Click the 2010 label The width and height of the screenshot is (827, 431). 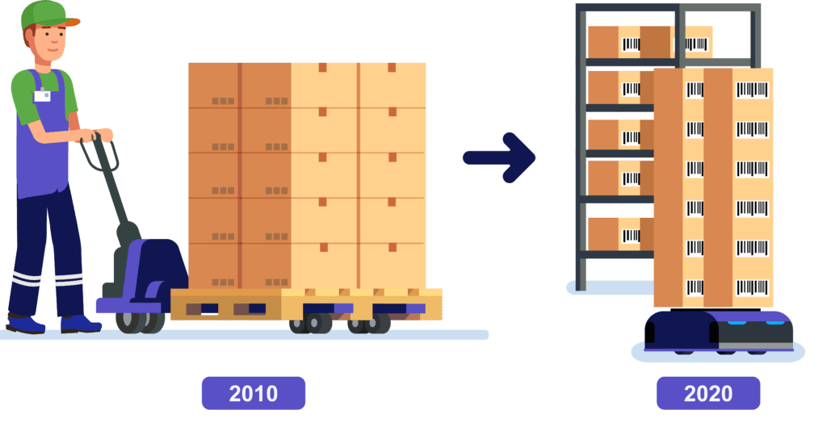pos(253,393)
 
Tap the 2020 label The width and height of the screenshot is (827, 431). pos(707,393)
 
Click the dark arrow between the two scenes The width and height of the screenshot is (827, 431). pos(499,157)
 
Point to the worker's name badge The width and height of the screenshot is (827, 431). pos(42,95)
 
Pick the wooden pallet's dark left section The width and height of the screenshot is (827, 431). pos(226,304)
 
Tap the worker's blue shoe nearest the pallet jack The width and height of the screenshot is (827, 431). pos(80,323)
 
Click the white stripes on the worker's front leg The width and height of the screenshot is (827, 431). pos(69,279)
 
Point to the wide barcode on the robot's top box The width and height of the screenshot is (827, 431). pos(752,90)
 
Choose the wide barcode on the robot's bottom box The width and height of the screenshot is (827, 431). pos(752,287)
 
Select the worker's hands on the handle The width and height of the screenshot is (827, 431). pos(98,136)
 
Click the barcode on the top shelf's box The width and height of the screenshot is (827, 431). pos(631,44)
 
